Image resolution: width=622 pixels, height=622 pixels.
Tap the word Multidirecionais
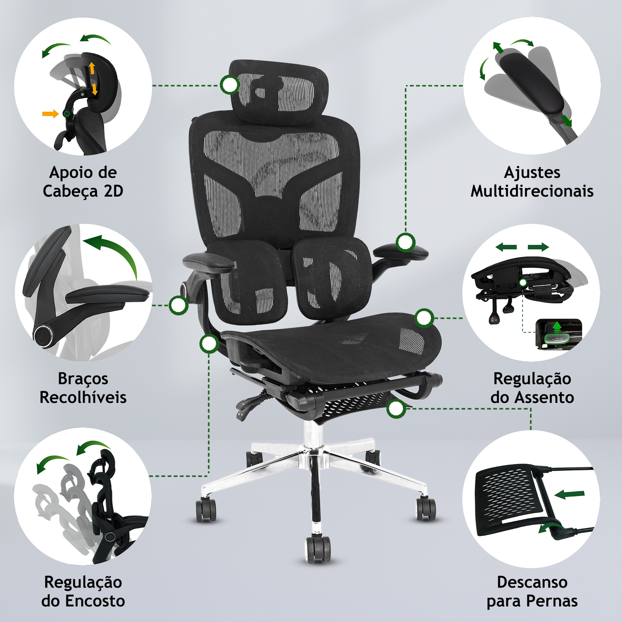tap(532, 191)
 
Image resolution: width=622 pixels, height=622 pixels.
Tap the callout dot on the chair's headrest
tap(229, 85)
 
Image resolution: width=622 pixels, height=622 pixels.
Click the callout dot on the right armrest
tap(405, 242)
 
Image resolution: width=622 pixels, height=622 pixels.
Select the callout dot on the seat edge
tap(424, 318)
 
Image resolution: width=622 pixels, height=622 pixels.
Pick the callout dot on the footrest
tap(396, 409)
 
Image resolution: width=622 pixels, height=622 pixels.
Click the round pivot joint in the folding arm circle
tap(43, 336)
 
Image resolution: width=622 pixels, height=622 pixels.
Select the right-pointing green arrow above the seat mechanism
tap(538, 248)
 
